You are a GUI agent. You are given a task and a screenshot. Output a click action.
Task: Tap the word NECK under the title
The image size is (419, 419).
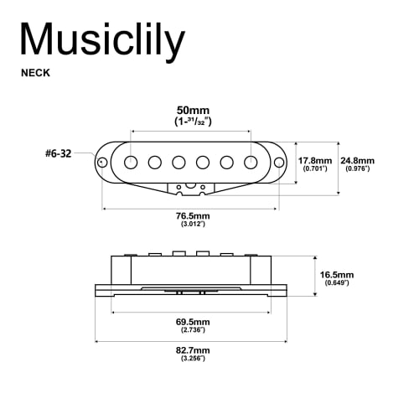35,73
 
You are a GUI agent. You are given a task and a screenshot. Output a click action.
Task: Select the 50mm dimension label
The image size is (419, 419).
191,110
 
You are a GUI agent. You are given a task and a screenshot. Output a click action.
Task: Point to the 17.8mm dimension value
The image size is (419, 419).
315,160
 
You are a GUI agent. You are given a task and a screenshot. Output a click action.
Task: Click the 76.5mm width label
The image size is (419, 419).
191,215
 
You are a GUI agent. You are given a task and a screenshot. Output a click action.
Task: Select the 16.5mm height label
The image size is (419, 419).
338,274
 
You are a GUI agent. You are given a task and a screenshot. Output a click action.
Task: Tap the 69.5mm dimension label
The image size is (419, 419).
193,321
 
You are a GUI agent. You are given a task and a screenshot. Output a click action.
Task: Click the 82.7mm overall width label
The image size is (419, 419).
193,349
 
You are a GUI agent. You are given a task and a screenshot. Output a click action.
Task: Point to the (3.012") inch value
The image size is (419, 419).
191,225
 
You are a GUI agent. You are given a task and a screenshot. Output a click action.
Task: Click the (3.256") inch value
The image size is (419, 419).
193,359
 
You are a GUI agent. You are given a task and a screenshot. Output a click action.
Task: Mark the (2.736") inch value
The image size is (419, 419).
193,330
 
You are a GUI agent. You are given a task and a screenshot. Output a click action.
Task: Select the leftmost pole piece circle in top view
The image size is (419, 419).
131,161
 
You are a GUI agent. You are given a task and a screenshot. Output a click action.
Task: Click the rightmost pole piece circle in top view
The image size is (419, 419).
251,161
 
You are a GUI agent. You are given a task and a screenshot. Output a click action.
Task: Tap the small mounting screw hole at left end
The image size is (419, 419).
102,161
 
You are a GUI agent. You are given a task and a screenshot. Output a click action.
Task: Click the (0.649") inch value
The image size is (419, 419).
338,283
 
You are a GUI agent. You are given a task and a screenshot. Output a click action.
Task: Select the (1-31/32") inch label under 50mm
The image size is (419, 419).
191,122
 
